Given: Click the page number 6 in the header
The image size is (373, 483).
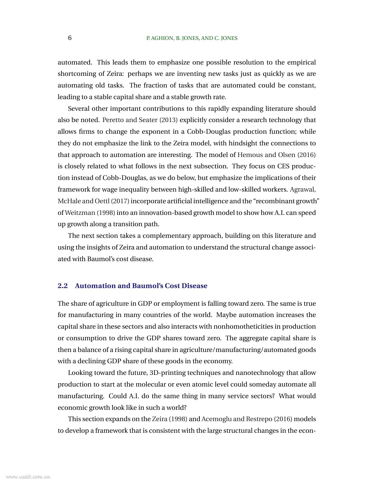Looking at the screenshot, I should [x=70, y=38].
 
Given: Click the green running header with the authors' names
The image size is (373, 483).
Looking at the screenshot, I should [x=192, y=38].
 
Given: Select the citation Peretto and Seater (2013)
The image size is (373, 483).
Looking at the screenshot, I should [x=140, y=120].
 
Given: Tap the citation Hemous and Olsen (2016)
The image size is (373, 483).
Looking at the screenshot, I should [x=276, y=155].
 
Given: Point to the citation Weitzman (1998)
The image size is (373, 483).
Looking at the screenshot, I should [x=90, y=213].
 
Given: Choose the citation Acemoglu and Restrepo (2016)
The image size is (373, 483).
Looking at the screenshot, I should [x=247, y=419].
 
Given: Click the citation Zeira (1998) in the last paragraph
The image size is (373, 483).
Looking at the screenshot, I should [x=170, y=419].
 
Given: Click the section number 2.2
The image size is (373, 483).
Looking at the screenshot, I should [x=62, y=286].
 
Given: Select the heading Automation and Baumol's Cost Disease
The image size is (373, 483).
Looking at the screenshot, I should [x=141, y=286].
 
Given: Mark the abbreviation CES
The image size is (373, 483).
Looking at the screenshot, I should [x=283, y=166].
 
